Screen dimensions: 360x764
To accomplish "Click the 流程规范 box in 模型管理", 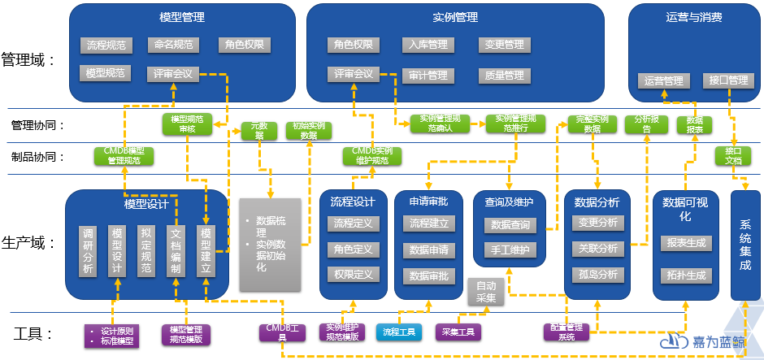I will (106, 46).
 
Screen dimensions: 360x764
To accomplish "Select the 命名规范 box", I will (173, 46).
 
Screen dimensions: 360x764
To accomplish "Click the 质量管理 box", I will (504, 76).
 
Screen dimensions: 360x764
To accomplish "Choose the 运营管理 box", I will (663, 80).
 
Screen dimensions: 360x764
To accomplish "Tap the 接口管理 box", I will (728, 80).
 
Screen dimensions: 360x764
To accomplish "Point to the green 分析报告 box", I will (647, 124).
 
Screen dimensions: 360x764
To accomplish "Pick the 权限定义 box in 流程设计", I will (354, 275).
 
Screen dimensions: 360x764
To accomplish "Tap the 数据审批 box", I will (429, 275).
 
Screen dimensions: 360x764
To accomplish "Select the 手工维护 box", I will (510, 249).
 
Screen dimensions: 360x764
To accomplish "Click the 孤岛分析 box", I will (597, 274).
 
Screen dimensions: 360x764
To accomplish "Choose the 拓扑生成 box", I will (684, 275).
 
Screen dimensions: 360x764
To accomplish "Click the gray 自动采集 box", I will (486, 292).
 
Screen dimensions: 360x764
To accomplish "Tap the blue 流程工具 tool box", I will (399, 332).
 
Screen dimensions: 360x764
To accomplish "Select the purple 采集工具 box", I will (458, 332).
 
